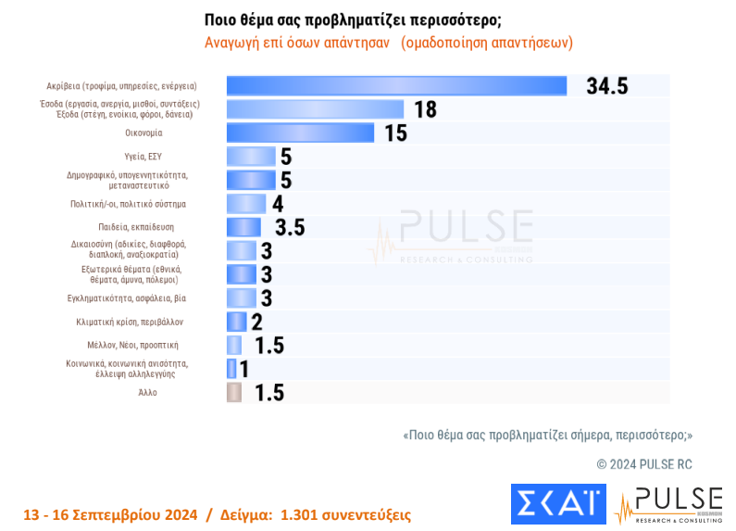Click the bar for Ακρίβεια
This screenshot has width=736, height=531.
click(x=396, y=85)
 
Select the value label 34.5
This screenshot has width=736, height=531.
click(x=607, y=86)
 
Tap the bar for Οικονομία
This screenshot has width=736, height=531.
click(x=300, y=133)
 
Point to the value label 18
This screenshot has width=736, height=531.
click(x=425, y=109)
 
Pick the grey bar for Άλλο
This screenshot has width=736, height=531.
click(x=234, y=392)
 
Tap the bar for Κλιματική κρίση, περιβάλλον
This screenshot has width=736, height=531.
click(x=237, y=322)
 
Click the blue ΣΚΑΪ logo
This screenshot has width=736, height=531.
click(x=558, y=504)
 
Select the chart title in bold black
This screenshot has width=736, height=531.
click(x=359, y=20)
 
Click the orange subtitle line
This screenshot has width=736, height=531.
click(x=389, y=44)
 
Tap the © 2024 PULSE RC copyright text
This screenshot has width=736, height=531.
click(x=643, y=463)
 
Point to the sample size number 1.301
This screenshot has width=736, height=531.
click(x=300, y=514)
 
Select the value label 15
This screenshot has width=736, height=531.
click(x=395, y=133)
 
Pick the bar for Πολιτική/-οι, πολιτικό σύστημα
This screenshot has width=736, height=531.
click(x=246, y=204)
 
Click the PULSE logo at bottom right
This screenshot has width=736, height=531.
click(x=668, y=504)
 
